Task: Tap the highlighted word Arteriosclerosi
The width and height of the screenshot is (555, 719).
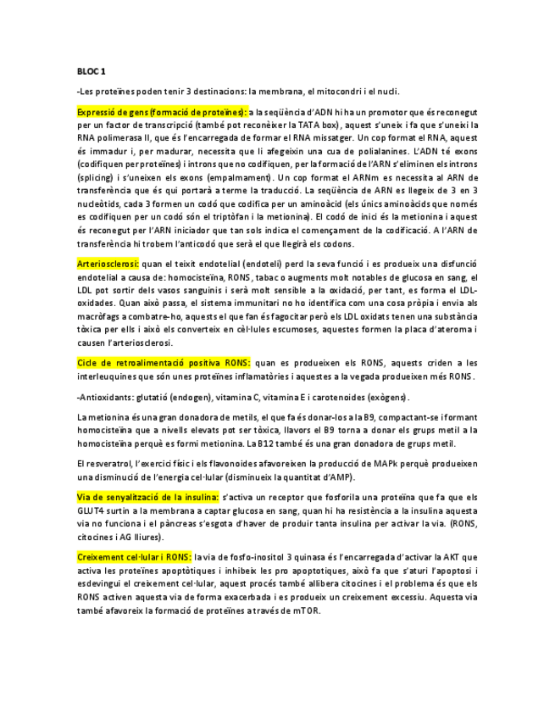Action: tap(108, 264)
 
